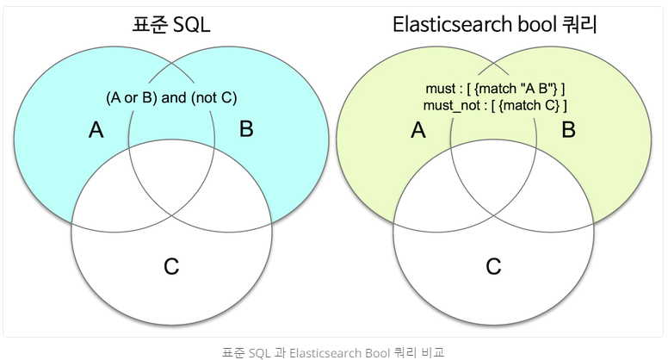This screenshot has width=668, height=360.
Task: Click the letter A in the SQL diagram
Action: [96, 129]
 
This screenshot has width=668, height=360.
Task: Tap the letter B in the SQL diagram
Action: [246, 128]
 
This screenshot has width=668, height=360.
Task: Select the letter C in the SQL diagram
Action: [171, 266]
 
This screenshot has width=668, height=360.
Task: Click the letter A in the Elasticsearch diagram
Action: [417, 129]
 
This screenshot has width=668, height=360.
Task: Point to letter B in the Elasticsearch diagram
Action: [568, 129]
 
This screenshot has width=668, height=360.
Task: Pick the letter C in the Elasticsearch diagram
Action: [493, 266]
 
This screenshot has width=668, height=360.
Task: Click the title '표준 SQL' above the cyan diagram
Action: [171, 24]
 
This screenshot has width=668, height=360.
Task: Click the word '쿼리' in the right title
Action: [579, 24]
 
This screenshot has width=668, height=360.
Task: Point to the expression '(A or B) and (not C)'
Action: [171, 97]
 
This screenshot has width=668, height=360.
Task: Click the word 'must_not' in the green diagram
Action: [452, 105]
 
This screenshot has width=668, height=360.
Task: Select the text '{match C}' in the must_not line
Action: [529, 105]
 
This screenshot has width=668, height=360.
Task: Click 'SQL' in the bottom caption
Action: [259, 353]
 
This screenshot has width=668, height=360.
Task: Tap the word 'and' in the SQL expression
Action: [174, 97]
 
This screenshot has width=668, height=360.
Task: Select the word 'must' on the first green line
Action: [440, 89]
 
